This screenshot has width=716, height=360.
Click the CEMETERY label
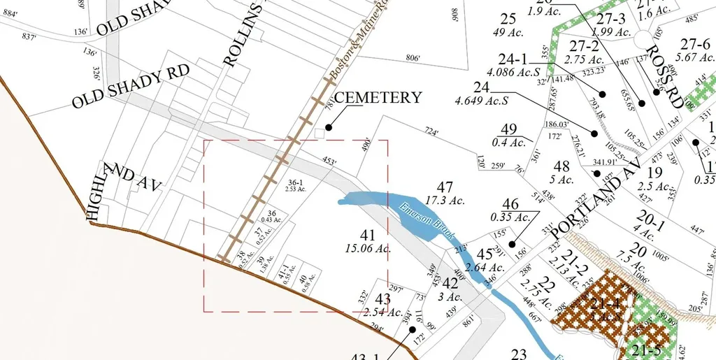point(378,97)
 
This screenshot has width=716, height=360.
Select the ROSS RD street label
point(664,75)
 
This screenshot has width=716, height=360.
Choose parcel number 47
point(445,187)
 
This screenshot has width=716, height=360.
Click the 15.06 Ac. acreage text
point(368,248)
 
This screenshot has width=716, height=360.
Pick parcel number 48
point(561,167)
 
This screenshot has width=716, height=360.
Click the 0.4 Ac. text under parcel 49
point(508,143)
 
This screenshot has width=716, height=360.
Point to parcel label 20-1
point(650,221)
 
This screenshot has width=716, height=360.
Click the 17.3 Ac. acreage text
point(445,201)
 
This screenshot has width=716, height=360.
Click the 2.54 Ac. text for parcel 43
point(382,312)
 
